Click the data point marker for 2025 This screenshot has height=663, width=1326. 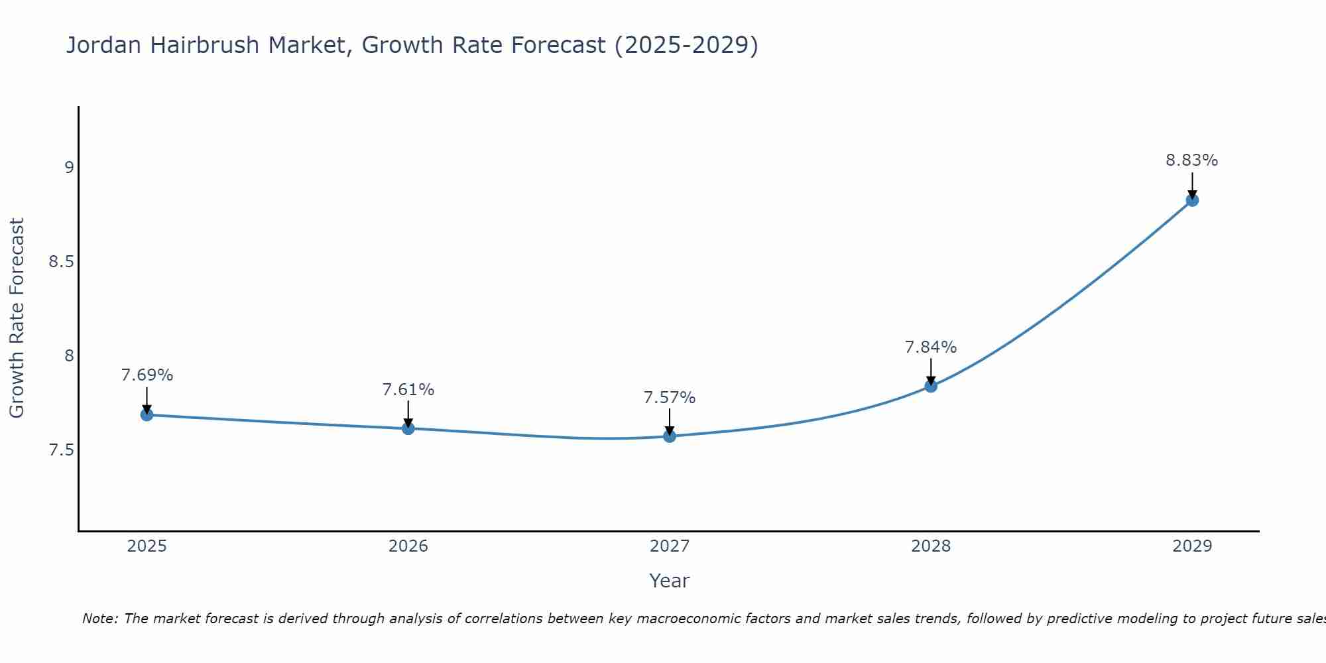(x=147, y=415)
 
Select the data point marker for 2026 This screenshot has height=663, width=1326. (x=408, y=429)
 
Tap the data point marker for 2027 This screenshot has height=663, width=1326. (x=670, y=436)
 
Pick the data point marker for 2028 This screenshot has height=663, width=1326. (x=931, y=386)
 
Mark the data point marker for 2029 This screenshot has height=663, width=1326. (x=1192, y=200)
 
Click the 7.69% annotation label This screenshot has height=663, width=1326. (x=147, y=375)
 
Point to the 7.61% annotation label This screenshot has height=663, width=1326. (x=408, y=390)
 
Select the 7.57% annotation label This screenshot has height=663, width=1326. (x=670, y=398)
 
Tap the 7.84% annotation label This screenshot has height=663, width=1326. (x=931, y=347)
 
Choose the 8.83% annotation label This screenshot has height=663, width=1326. (x=1192, y=160)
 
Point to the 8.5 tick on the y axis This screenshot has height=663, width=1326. (x=61, y=262)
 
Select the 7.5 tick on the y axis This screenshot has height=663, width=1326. (x=61, y=451)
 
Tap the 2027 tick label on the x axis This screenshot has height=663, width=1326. (x=670, y=546)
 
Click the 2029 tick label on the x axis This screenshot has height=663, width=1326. (x=1192, y=546)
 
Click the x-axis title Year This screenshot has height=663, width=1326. (x=670, y=581)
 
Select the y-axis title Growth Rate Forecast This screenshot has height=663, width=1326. (x=17, y=318)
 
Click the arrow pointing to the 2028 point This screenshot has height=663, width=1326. (x=931, y=371)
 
